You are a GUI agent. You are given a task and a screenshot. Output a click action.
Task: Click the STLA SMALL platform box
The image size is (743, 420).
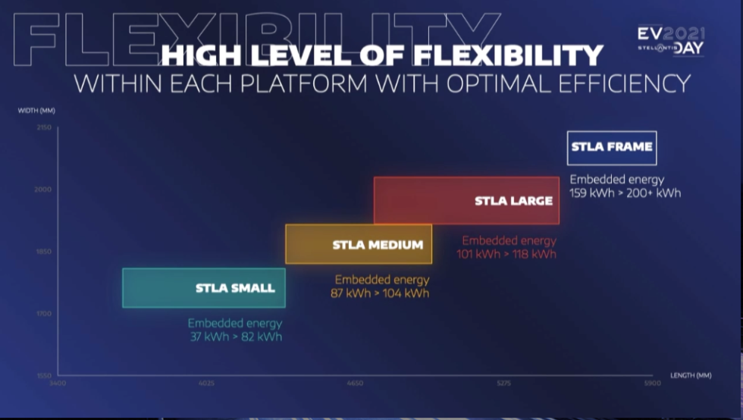point(203,287)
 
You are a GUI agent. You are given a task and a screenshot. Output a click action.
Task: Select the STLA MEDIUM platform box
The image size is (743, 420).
point(358,244)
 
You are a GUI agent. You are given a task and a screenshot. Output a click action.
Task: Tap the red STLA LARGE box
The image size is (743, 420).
point(466,200)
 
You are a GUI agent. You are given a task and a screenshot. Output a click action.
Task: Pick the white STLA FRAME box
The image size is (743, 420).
point(611,147)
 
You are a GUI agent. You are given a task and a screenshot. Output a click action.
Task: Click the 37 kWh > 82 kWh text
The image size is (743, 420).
point(236,336)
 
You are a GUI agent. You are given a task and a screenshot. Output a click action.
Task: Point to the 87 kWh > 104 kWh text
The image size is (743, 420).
point(380,293)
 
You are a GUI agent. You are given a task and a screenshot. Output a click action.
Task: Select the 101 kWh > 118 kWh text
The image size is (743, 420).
point(506,254)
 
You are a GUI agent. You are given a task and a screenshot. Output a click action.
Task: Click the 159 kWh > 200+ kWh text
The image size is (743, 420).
point(625,193)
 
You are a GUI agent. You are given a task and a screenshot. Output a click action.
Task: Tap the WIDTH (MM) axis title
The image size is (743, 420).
point(36,111)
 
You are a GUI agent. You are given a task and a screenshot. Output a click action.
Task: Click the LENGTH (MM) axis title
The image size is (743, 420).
point(691,375)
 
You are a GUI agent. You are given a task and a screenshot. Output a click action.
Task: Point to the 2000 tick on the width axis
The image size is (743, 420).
point(42,190)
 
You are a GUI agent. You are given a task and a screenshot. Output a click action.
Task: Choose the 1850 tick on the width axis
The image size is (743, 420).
point(42,252)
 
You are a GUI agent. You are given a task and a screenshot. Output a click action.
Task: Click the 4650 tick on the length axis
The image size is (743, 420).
point(355,384)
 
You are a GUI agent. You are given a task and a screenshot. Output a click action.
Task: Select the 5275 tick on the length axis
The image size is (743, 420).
point(504,384)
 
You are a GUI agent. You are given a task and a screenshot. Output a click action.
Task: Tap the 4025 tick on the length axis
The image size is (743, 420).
point(206,384)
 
